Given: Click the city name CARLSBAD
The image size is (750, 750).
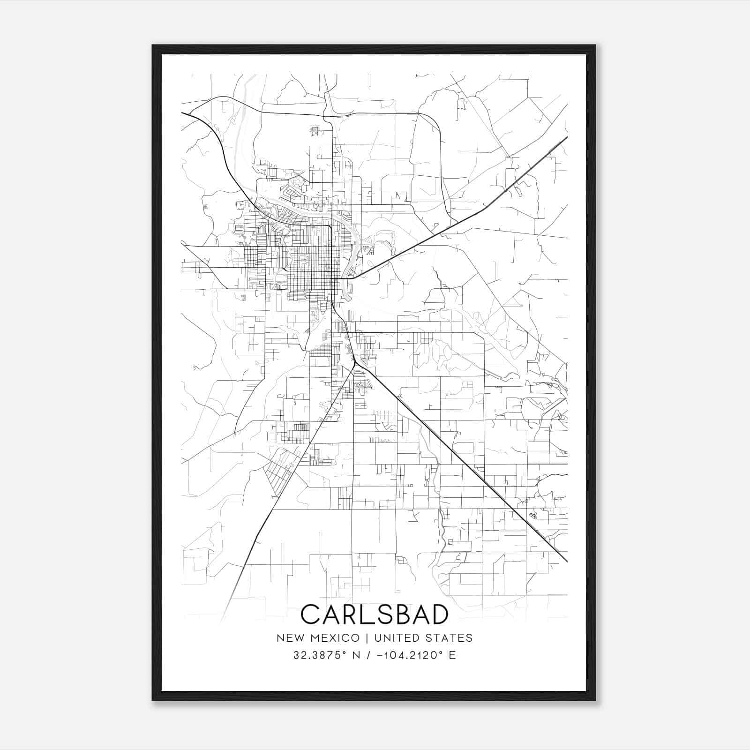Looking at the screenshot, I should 375,615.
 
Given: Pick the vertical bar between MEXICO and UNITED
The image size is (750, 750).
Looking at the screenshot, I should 367,638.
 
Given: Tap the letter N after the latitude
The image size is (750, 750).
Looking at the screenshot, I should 356,655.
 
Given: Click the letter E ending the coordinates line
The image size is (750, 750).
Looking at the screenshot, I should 452,655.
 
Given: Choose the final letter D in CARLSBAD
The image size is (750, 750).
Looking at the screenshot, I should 440,615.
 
